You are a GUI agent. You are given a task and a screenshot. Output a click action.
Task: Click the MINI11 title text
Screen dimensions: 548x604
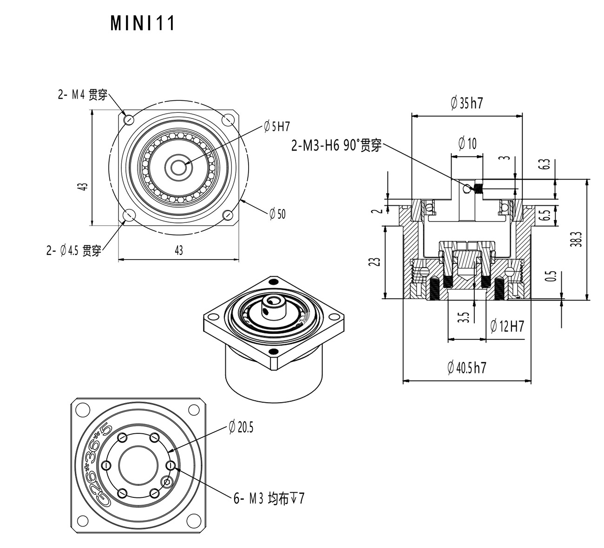[x=143, y=23]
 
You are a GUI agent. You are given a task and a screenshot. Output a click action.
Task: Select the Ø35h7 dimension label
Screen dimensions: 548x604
[x=466, y=103]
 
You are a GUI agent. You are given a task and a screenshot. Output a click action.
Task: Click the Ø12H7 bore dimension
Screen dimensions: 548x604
[x=507, y=326]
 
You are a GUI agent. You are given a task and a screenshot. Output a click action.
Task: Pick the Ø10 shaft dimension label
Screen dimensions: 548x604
[x=467, y=144]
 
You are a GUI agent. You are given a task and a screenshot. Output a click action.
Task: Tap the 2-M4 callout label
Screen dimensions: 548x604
[x=82, y=95]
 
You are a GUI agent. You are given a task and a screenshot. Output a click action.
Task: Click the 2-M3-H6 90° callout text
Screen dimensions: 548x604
[x=336, y=145]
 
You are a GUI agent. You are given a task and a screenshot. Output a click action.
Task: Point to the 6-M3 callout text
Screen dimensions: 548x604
[x=269, y=499]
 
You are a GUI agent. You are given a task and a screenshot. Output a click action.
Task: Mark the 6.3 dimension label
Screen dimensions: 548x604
[x=546, y=164]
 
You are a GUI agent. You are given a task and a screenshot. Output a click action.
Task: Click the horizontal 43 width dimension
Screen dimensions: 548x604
[x=178, y=250]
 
